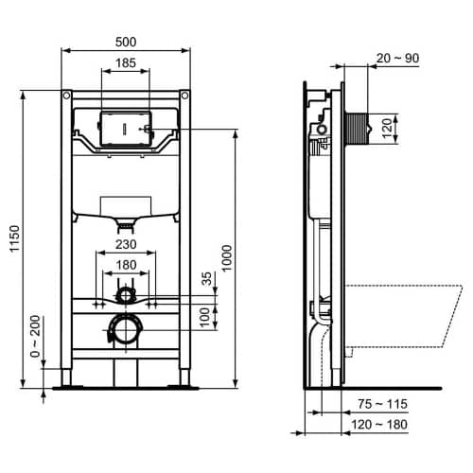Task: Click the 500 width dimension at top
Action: (x=126, y=41)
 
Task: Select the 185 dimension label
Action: (x=126, y=63)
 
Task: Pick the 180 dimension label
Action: (x=126, y=267)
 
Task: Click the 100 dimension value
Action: (x=206, y=315)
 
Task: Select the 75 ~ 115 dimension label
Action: (x=382, y=404)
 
